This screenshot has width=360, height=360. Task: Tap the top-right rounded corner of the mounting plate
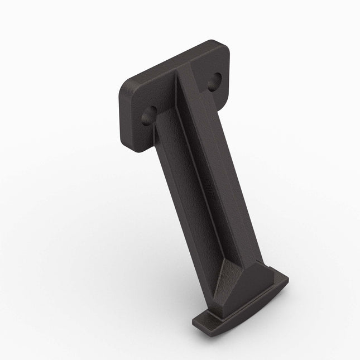pyautogui.click(x=223, y=47)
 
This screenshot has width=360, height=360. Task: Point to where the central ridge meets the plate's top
pyautogui.click(x=180, y=72)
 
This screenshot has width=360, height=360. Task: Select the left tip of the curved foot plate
pyautogui.click(x=196, y=323)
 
